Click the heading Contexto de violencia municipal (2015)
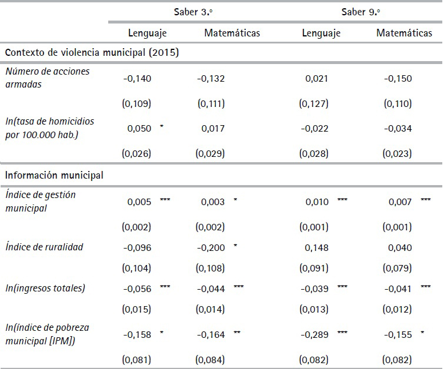92,52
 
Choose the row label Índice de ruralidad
45,247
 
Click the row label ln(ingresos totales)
45,288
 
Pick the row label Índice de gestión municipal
41,201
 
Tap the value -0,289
313,335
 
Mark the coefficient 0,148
316,247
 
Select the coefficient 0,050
140,129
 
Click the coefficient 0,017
214,129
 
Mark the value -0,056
137,289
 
